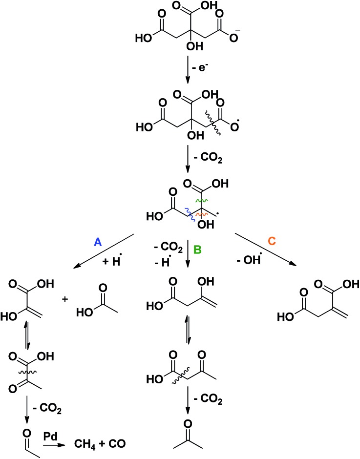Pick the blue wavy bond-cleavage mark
pos(188,210)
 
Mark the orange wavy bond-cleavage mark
pos(200,214)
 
